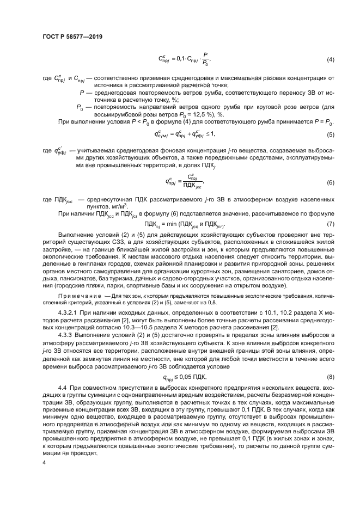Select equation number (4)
(x=330, y=59)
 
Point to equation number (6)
(x=330, y=182)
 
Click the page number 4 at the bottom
(x=44, y=462)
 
